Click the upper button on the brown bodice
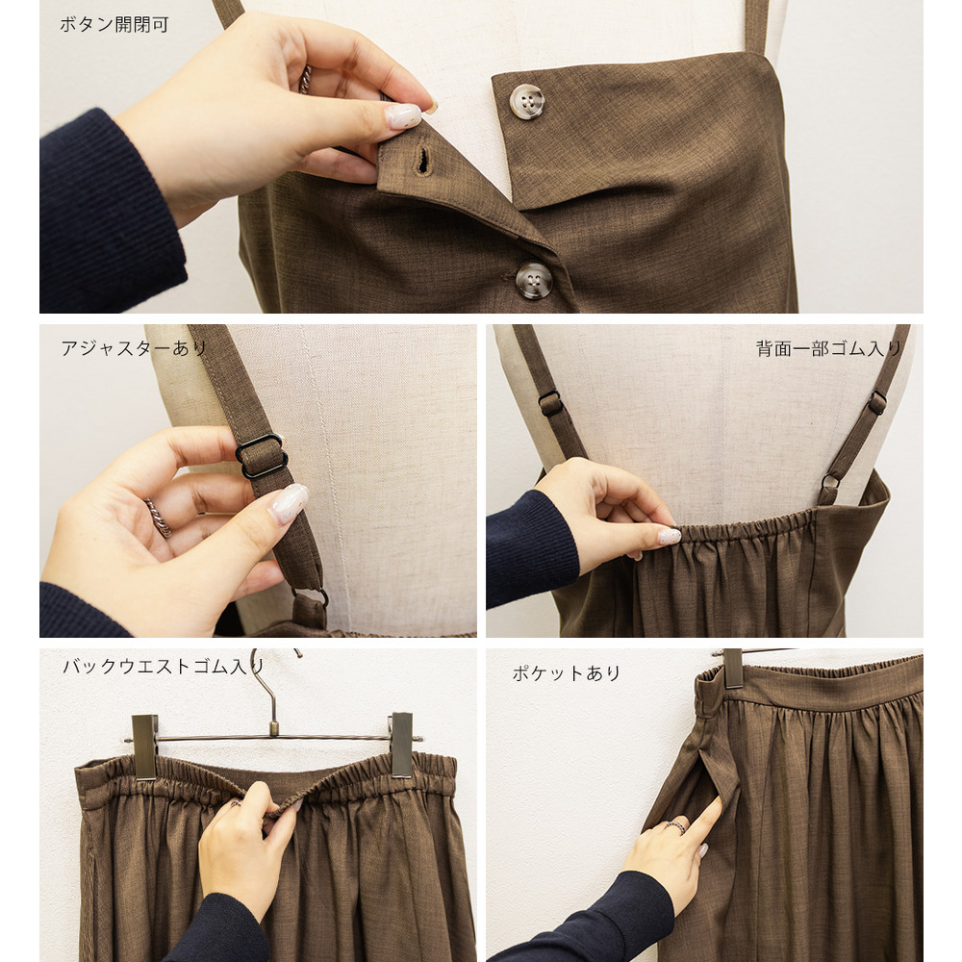(527, 101)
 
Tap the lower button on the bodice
(534, 280)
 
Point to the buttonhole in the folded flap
(422, 160)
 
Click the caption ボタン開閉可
(114, 25)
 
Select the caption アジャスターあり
(134, 348)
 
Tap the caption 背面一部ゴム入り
(828, 348)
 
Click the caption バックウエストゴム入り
(164, 667)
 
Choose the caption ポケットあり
(566, 673)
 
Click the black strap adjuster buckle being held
(262, 455)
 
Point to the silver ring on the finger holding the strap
(159, 518)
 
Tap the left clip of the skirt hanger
(145, 747)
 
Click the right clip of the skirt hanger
(402, 745)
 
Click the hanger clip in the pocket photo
(733, 669)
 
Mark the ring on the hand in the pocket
(675, 825)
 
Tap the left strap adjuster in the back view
(551, 403)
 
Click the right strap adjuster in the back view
(876, 402)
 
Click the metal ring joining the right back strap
(830, 482)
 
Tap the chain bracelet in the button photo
(304, 80)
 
